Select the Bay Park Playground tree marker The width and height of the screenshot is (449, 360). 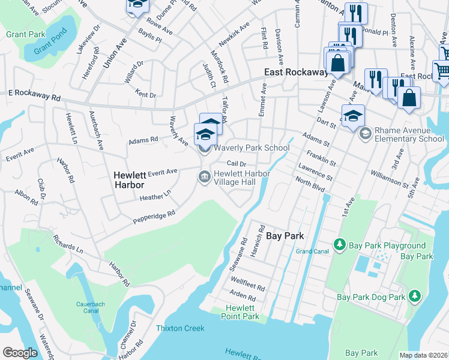pos(340,245)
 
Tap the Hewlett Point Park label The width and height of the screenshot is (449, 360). pos(239,312)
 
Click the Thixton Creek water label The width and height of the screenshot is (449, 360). pos(180,328)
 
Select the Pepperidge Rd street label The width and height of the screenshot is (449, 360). pos(154,217)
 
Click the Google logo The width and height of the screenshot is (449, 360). pos(20,353)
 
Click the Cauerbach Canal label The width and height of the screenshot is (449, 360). pos(90,308)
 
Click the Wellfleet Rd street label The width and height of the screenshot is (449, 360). pos(247,284)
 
